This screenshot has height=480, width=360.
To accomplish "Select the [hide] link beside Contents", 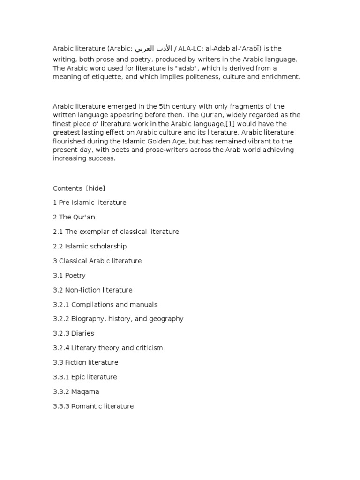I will [96, 188].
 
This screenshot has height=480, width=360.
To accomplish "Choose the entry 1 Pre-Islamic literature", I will [90, 202].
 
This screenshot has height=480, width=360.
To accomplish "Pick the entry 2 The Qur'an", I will [74, 217].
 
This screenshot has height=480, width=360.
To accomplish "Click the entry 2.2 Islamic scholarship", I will [90, 246].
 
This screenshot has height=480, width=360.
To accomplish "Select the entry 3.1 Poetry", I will [69, 275].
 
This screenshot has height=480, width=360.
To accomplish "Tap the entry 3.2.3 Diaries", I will [74, 333].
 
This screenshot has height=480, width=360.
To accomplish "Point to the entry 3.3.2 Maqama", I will [76, 391].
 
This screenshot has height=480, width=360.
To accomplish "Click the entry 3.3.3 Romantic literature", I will [93, 406].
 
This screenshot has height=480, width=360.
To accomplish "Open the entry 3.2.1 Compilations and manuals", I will [105, 304].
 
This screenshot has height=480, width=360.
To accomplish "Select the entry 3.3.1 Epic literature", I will [85, 377].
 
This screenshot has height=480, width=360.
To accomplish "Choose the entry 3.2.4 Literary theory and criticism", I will [108, 348].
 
